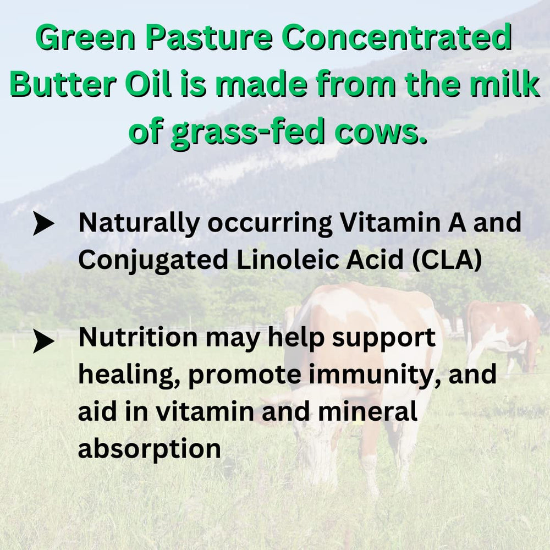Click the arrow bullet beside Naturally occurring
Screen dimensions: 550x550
coord(43,224)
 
